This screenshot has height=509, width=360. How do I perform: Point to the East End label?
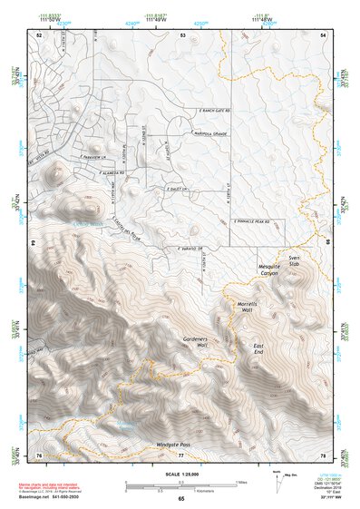point(259,350)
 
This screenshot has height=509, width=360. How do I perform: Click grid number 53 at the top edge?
point(182,34)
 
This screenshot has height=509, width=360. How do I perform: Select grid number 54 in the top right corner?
point(323,34)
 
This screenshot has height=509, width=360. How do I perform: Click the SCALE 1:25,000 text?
point(180,474)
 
